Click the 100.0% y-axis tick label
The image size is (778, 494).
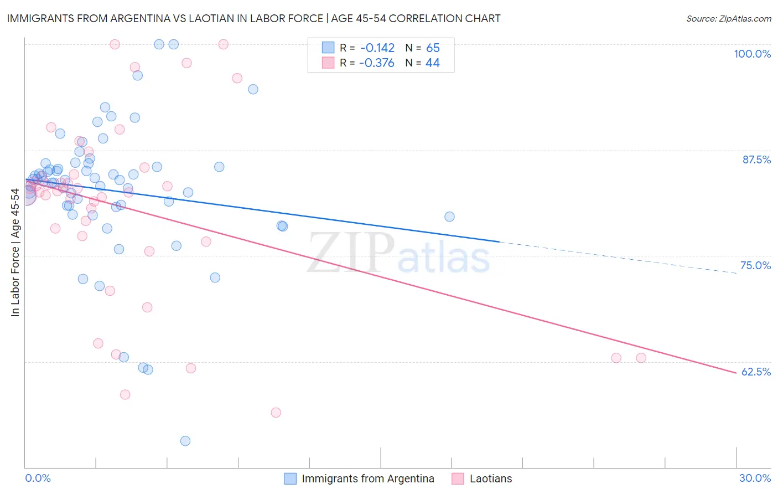click(752, 54)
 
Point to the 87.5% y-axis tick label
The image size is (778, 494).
click(756, 159)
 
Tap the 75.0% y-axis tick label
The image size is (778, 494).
click(755, 265)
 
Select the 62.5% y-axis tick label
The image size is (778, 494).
click(756, 372)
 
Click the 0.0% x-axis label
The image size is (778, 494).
click(38, 478)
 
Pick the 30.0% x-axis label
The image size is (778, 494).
click(755, 478)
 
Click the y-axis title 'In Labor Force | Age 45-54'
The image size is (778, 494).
click(15, 253)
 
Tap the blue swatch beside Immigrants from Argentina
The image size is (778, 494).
click(291, 478)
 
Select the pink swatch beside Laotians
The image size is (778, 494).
click(458, 478)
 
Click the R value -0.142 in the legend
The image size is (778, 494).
click(377, 48)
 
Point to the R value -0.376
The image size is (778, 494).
click(377, 63)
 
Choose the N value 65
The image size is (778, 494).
click(433, 48)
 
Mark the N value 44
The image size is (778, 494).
click(433, 63)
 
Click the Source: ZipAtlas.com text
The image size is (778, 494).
click(728, 18)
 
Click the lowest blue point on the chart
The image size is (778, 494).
click(185, 441)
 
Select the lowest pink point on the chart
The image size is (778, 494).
click(276, 413)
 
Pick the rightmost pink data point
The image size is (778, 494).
click(641, 358)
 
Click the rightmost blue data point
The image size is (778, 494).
click(449, 217)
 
